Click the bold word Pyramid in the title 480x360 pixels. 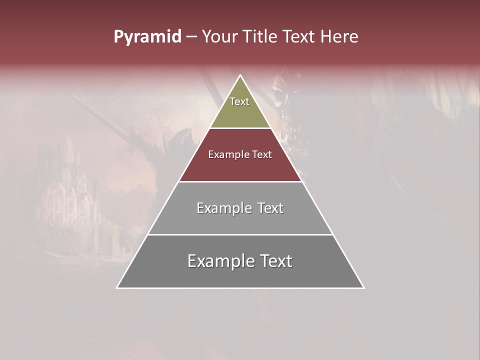coord(147,37)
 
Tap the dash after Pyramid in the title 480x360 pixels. coord(191,37)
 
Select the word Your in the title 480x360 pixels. coord(219,37)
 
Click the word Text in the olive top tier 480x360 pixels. coord(239,101)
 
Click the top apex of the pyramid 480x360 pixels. coord(240,76)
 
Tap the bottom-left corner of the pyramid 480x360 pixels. coord(117,287)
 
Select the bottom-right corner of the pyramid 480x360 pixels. coord(363,287)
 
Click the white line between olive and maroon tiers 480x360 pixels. coord(240,128)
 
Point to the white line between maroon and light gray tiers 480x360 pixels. coord(240,181)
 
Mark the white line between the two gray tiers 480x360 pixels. coord(240,234)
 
